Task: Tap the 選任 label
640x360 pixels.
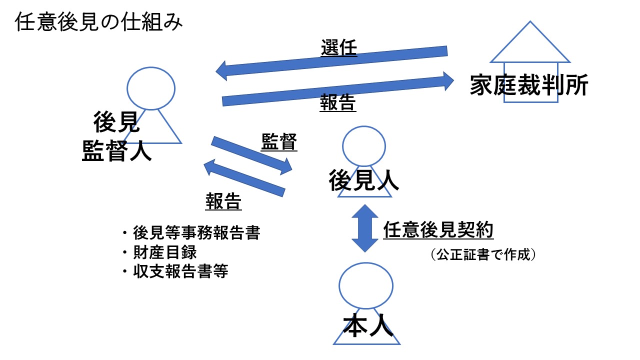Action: pos(338,48)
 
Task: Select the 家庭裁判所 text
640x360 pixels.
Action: pos(529,86)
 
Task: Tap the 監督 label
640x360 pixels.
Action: pos(279,143)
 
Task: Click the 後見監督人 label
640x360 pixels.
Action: pos(117,135)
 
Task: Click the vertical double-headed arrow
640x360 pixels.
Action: pos(365,228)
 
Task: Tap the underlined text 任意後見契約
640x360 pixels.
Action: pos(438,230)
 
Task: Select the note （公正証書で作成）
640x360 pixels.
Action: pos(483,255)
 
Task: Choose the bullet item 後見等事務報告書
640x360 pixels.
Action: pos(196,233)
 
